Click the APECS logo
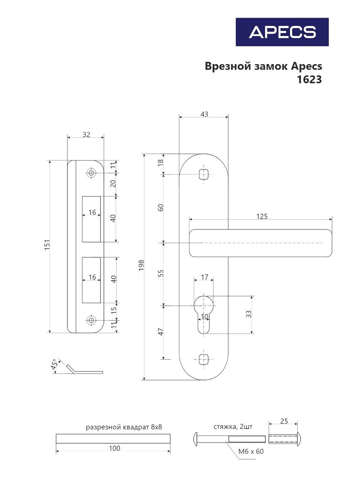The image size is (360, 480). pos(282,32)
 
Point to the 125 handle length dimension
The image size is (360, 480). pos(262,216)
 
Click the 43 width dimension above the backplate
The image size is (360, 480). pos(204,114)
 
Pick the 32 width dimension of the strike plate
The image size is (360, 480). pos(86,134)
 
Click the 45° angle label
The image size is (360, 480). pos(55,365)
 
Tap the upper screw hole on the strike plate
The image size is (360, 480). pos(91,173)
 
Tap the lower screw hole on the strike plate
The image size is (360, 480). pos(91,320)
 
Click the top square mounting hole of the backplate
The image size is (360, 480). pos(204,175)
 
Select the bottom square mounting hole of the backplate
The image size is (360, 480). pos(204,359)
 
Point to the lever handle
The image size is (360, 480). pos(261,243)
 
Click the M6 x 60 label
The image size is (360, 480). pos(251,451)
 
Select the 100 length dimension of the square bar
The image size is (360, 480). pos(115,448)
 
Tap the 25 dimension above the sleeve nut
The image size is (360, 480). pos(284,421)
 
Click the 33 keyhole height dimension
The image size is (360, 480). pos(249,314)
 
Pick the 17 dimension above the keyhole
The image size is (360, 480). pos(204,277)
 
